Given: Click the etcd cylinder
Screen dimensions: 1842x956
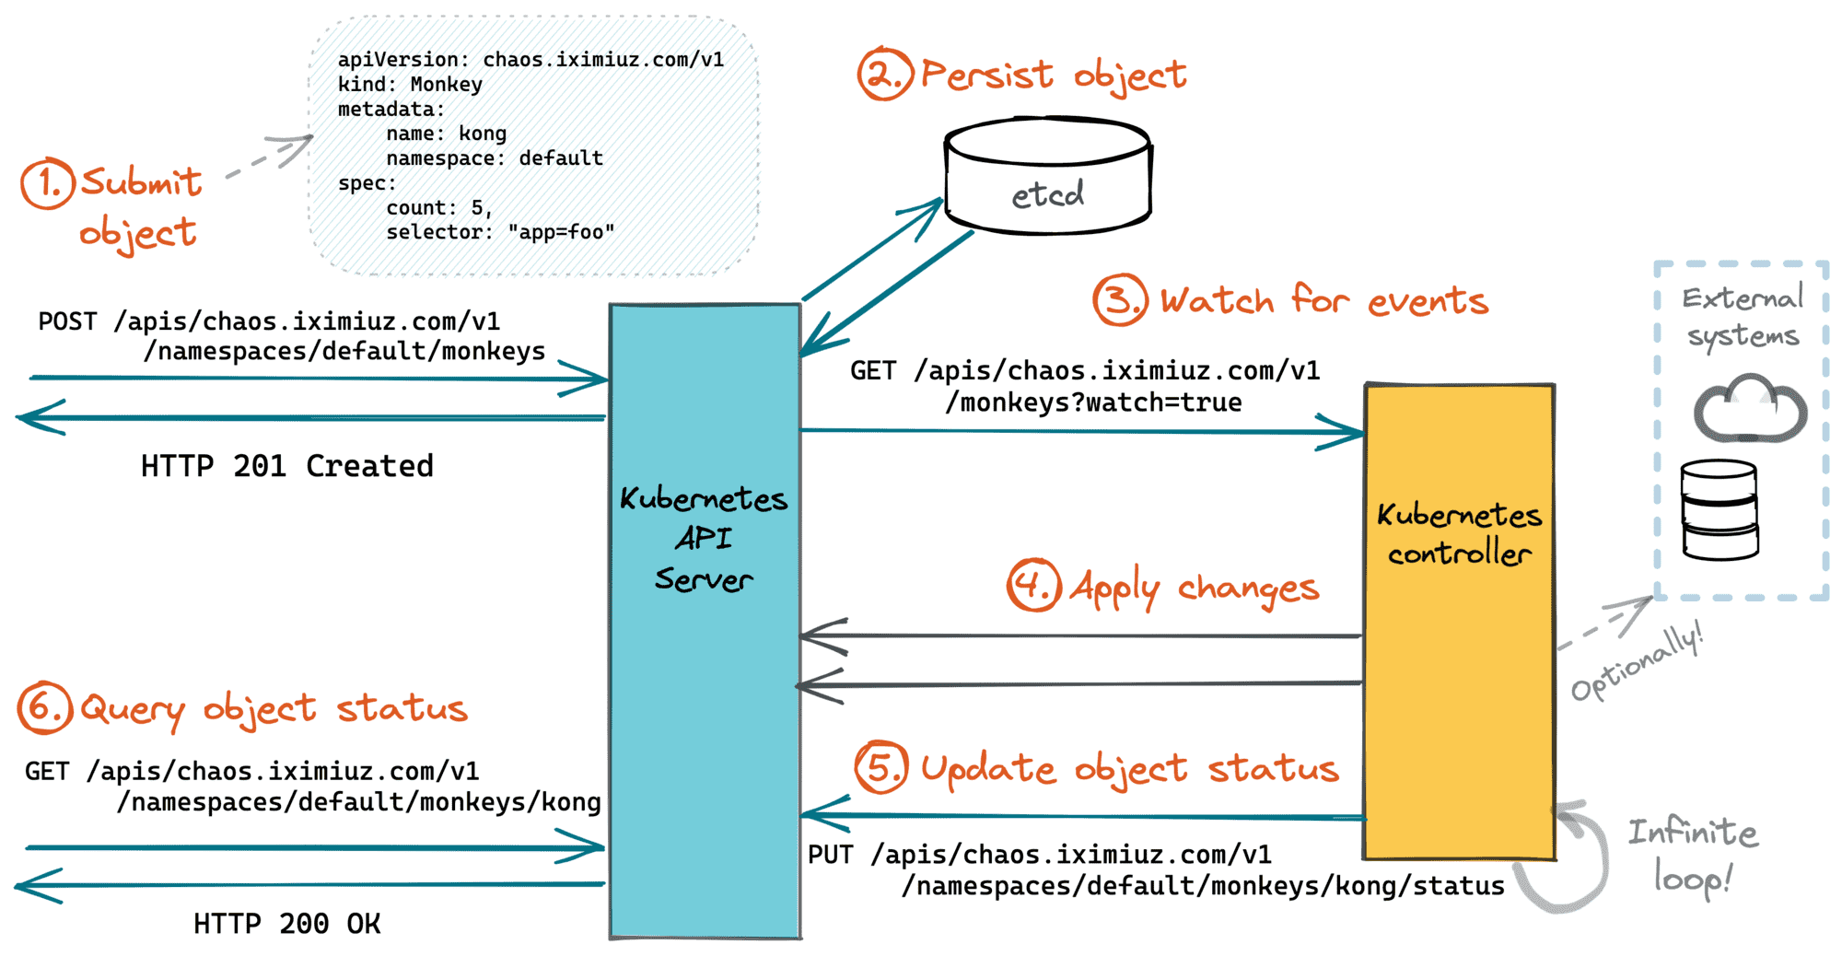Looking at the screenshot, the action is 1048,175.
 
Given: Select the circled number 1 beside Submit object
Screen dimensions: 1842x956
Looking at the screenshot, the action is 47,183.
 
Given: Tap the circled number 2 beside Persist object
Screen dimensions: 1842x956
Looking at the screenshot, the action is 885,74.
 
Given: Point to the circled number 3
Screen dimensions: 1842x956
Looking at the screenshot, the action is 1120,299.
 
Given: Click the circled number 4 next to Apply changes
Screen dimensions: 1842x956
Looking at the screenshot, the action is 1033,585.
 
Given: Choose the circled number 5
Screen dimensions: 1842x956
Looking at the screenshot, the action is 881,767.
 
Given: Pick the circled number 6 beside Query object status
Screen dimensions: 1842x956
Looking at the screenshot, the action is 45,707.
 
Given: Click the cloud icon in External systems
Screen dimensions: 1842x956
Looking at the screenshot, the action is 1750,408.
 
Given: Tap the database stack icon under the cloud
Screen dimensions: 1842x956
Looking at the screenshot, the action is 1720,510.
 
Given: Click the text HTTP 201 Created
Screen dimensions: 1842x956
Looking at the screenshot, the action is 287,466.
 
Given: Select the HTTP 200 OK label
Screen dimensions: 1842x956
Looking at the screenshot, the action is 287,923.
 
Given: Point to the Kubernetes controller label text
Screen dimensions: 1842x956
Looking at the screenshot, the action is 1460,533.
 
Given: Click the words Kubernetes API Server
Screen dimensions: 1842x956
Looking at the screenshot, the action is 705,539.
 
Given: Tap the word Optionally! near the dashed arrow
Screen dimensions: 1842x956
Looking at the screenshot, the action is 1637,660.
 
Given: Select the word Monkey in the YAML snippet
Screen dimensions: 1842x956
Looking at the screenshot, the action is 447,85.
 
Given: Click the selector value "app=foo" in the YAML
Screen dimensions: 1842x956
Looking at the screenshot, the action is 561,232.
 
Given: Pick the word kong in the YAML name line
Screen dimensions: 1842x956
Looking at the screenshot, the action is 483,134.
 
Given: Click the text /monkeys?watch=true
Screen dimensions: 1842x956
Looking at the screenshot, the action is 1094,402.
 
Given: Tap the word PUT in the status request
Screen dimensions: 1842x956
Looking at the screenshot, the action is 831,855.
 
